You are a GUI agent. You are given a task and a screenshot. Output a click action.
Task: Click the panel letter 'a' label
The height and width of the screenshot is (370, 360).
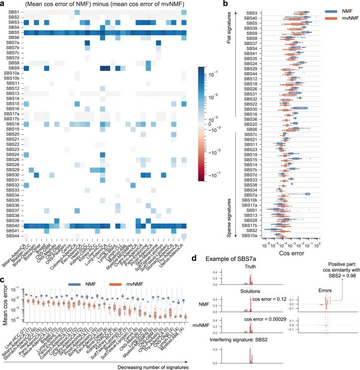[x=3, y=3]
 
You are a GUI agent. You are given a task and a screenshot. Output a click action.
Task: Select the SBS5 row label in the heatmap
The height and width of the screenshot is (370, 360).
[x=14, y=32]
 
